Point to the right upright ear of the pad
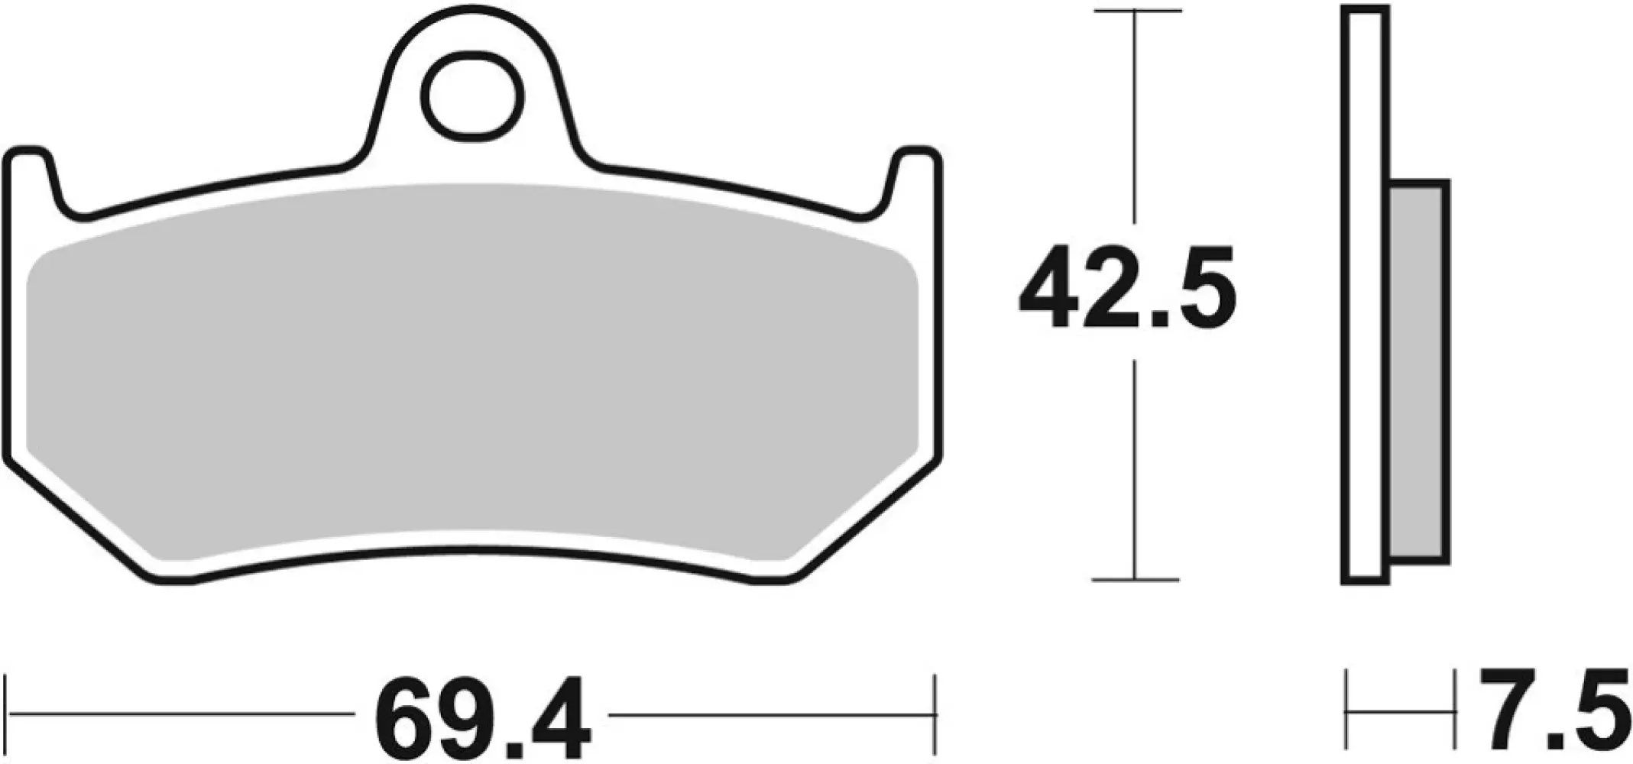[x=915, y=176]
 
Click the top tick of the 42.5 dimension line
[x=1137, y=11]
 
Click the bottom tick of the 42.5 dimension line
[x=1136, y=580]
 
